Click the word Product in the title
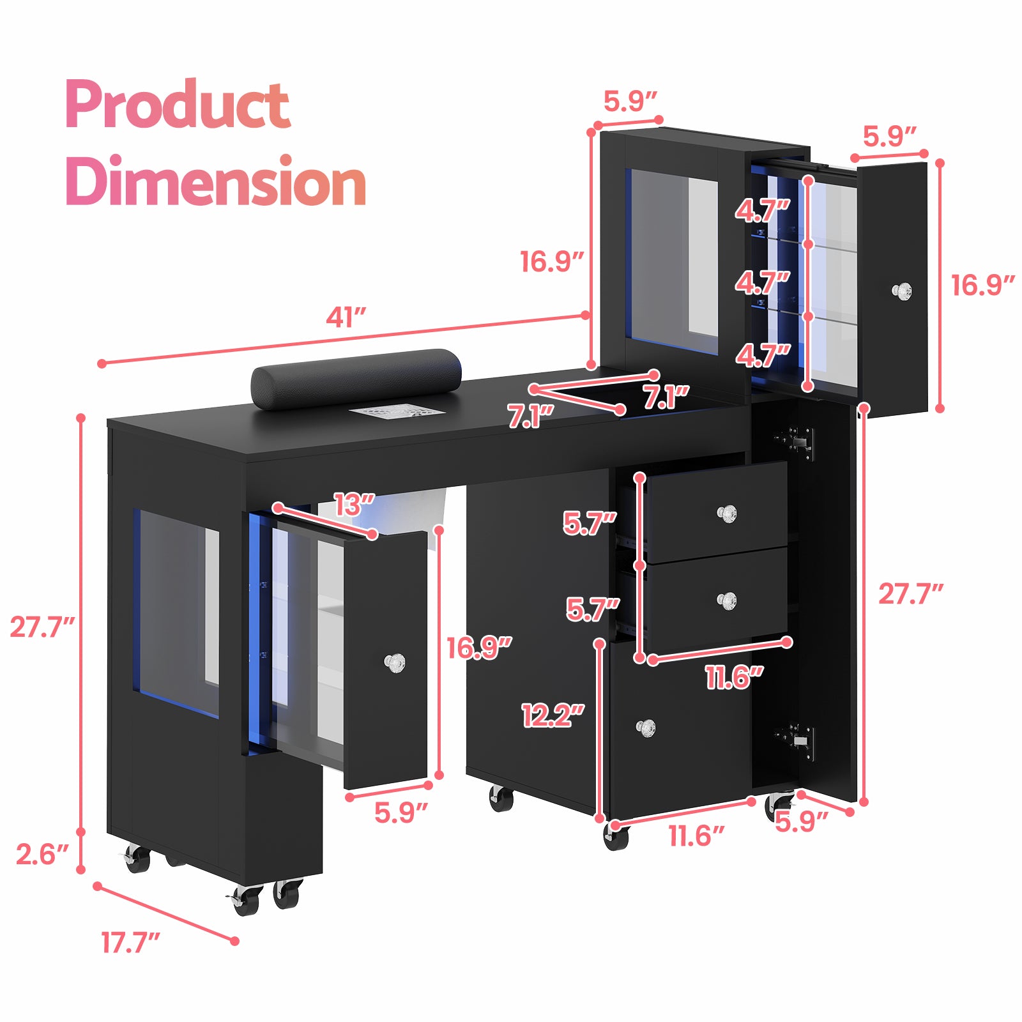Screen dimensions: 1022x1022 pyautogui.click(x=178, y=105)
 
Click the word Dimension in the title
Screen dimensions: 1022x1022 pyautogui.click(x=216, y=182)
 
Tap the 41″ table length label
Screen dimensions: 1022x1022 pyautogui.click(x=346, y=317)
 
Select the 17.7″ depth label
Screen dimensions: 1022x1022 pyautogui.click(x=130, y=943)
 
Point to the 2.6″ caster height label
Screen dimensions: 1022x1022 pyautogui.click(x=42, y=855)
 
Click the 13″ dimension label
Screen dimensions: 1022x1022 pyautogui.click(x=353, y=505)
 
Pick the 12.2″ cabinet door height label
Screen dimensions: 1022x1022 pyautogui.click(x=553, y=715)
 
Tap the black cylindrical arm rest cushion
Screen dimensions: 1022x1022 pyautogui.click(x=356, y=378)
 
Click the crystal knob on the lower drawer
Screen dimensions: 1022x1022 pyautogui.click(x=727, y=600)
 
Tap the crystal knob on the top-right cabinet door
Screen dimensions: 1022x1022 pyautogui.click(x=901, y=291)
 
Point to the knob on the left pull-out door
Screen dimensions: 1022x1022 pyautogui.click(x=395, y=662)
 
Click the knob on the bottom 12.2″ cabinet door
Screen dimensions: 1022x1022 pyautogui.click(x=646, y=727)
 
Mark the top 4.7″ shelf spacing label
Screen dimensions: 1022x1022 pyautogui.click(x=762, y=210)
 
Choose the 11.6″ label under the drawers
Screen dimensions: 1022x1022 pyautogui.click(x=734, y=677)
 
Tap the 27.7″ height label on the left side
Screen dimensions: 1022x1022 pyautogui.click(x=42, y=627)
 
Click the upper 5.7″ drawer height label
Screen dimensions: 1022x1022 pyautogui.click(x=589, y=523)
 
